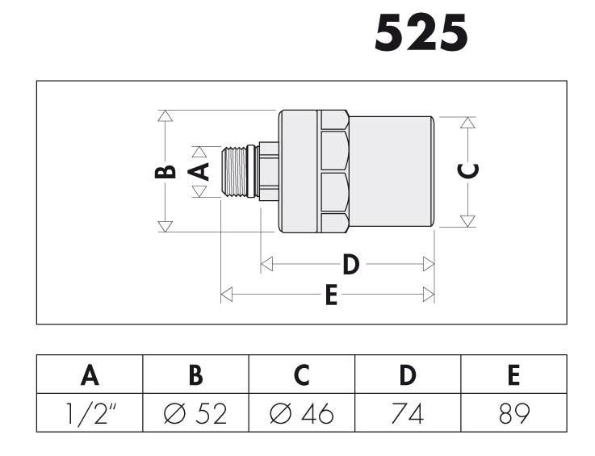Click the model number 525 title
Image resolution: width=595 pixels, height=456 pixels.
[421, 32]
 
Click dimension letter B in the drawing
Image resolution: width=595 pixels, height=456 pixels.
[166, 172]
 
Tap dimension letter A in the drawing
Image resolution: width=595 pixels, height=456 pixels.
[199, 171]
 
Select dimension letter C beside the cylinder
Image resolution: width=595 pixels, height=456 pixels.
[468, 171]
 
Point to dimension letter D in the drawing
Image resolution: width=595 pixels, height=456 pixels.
[351, 265]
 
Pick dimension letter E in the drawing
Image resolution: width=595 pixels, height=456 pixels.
[331, 295]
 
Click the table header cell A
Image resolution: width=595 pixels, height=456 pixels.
[90, 374]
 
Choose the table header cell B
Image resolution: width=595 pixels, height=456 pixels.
[196, 374]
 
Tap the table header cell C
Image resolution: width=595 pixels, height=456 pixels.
[302, 374]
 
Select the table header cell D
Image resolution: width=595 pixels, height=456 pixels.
[408, 374]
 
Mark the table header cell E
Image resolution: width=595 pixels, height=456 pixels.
[513, 374]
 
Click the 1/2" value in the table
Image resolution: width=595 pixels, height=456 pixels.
[90, 413]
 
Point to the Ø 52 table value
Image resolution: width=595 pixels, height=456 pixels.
[195, 413]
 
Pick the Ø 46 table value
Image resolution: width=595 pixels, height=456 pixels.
[302, 413]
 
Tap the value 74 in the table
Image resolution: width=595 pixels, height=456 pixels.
[408, 413]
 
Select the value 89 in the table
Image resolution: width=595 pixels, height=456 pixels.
[514, 413]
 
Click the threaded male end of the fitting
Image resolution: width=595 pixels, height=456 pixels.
[234, 172]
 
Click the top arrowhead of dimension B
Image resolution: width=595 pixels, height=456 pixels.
[165, 116]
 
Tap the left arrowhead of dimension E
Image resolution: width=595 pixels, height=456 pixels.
[227, 295]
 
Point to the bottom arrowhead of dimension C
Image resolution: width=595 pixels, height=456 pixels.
[467, 221]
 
